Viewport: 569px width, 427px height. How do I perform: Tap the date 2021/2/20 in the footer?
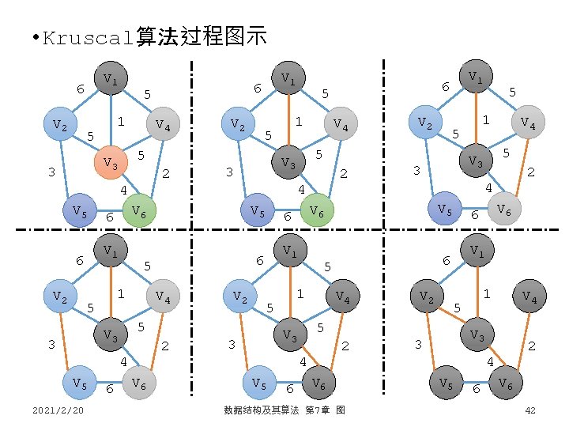click(60, 410)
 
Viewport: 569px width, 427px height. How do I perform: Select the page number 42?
click(530, 410)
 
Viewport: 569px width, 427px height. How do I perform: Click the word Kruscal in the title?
click(89, 37)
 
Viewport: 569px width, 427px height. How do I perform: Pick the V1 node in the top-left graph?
click(111, 78)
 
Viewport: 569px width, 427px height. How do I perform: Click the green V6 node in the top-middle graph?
click(315, 210)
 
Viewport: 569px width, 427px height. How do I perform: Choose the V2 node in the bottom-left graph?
click(59, 297)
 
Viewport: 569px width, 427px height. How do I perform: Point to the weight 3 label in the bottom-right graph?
click(418, 344)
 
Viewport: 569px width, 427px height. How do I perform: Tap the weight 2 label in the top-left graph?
click(167, 174)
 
